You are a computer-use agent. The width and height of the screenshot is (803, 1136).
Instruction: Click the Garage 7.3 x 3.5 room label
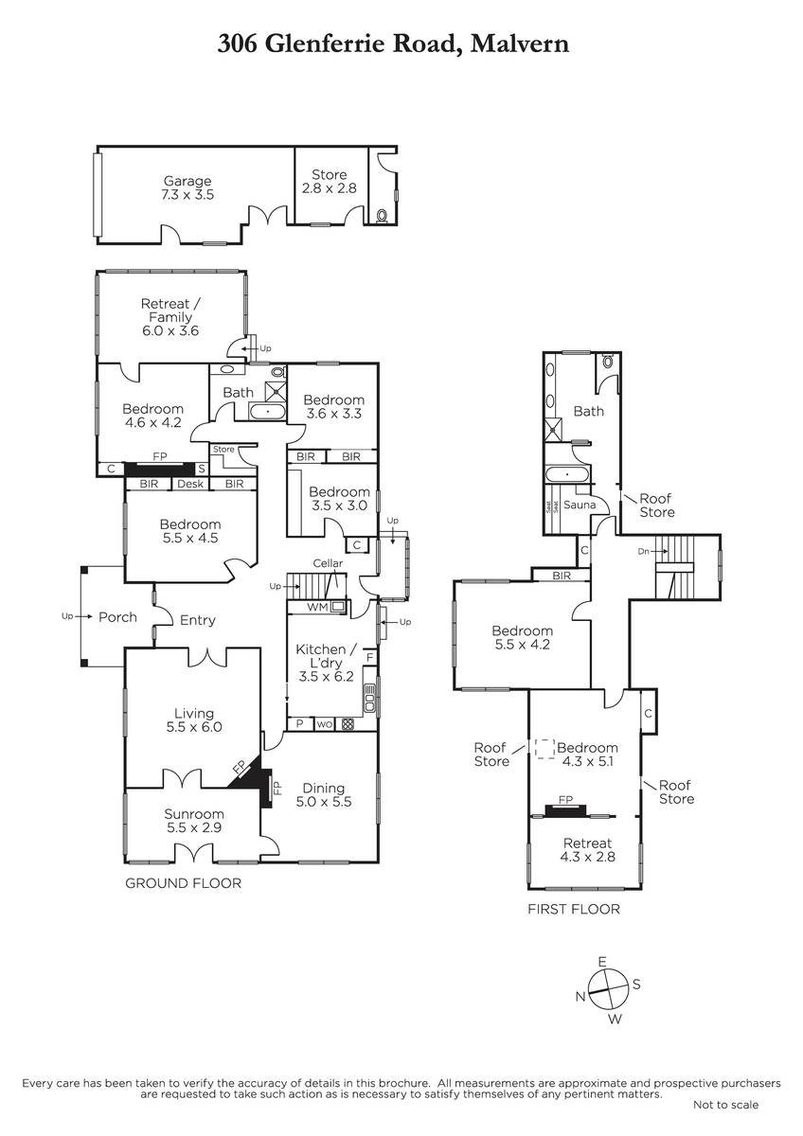click(187, 187)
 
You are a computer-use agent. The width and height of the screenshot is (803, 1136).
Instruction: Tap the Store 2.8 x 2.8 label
click(330, 182)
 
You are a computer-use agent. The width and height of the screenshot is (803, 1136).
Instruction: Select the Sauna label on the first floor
click(580, 505)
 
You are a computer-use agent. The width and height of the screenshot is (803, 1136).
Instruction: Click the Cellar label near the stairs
click(328, 563)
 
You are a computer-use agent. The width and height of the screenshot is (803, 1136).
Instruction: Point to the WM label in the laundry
click(317, 607)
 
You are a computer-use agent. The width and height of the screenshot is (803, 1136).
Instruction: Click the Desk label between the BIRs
click(190, 484)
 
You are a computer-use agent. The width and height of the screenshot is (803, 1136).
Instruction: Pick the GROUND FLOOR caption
click(183, 883)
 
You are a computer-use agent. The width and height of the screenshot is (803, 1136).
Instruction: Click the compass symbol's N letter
click(580, 996)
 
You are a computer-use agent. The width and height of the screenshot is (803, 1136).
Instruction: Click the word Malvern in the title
click(520, 44)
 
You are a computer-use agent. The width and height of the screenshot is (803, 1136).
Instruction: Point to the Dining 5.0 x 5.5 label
click(324, 794)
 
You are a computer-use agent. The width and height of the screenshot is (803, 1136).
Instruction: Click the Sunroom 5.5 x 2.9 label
click(194, 821)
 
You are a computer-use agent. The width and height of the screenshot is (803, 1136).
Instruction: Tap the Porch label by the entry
click(117, 616)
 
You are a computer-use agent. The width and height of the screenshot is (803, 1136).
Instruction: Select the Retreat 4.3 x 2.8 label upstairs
click(587, 850)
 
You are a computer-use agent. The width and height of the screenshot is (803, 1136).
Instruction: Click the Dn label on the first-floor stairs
click(643, 551)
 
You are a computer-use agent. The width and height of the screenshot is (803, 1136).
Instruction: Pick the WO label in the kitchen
click(324, 725)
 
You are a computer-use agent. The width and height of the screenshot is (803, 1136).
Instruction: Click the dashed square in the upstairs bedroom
click(544, 749)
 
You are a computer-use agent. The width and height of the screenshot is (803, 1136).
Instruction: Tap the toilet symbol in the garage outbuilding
click(383, 216)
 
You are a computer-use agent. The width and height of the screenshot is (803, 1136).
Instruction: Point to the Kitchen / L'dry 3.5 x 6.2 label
click(326, 663)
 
